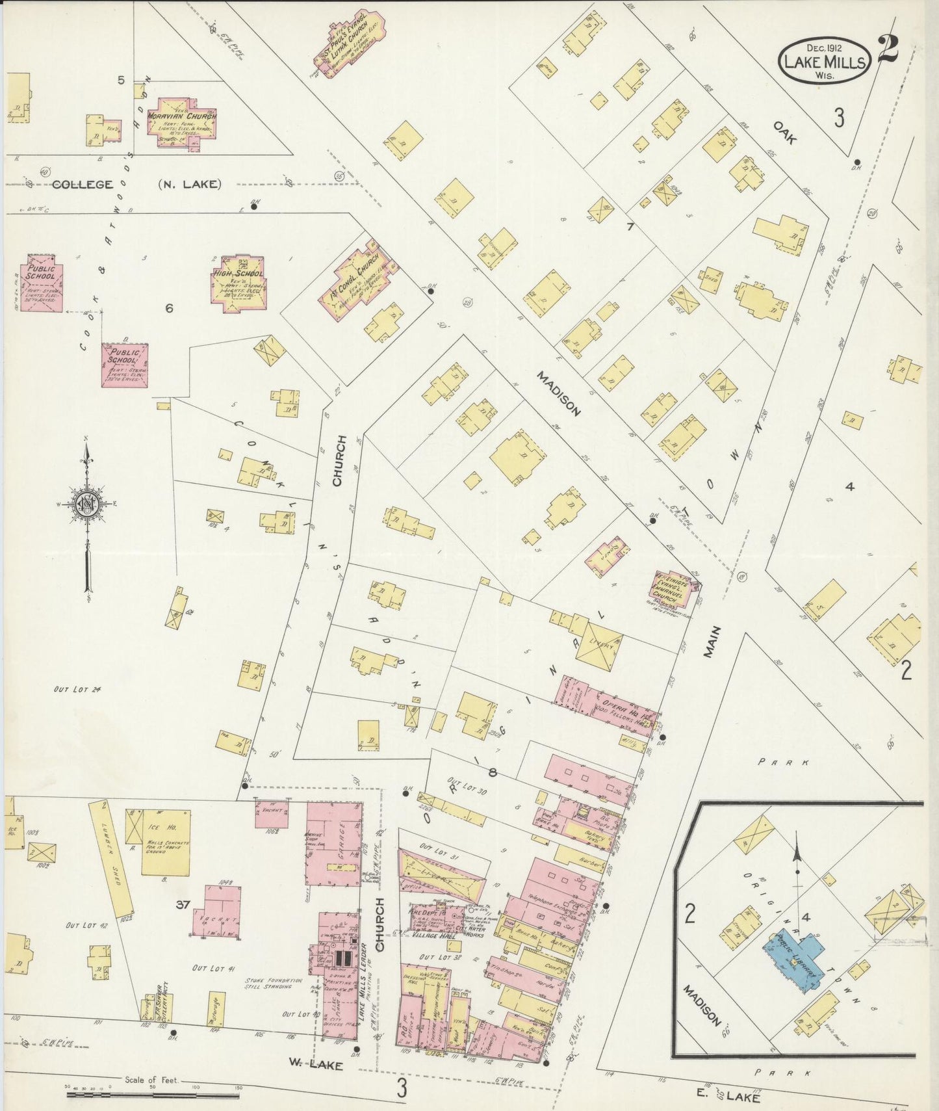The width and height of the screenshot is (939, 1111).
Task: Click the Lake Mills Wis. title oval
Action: point(825,60)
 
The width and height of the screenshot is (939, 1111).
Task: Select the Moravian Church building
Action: point(181,124)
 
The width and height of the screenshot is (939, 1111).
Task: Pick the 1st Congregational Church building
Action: point(357,277)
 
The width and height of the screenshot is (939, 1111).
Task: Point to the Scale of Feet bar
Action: point(153,1095)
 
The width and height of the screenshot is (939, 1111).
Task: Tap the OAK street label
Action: point(785,132)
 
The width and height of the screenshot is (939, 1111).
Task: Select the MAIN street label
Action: point(713,642)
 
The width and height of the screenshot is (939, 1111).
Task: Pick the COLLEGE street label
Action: point(82,185)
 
